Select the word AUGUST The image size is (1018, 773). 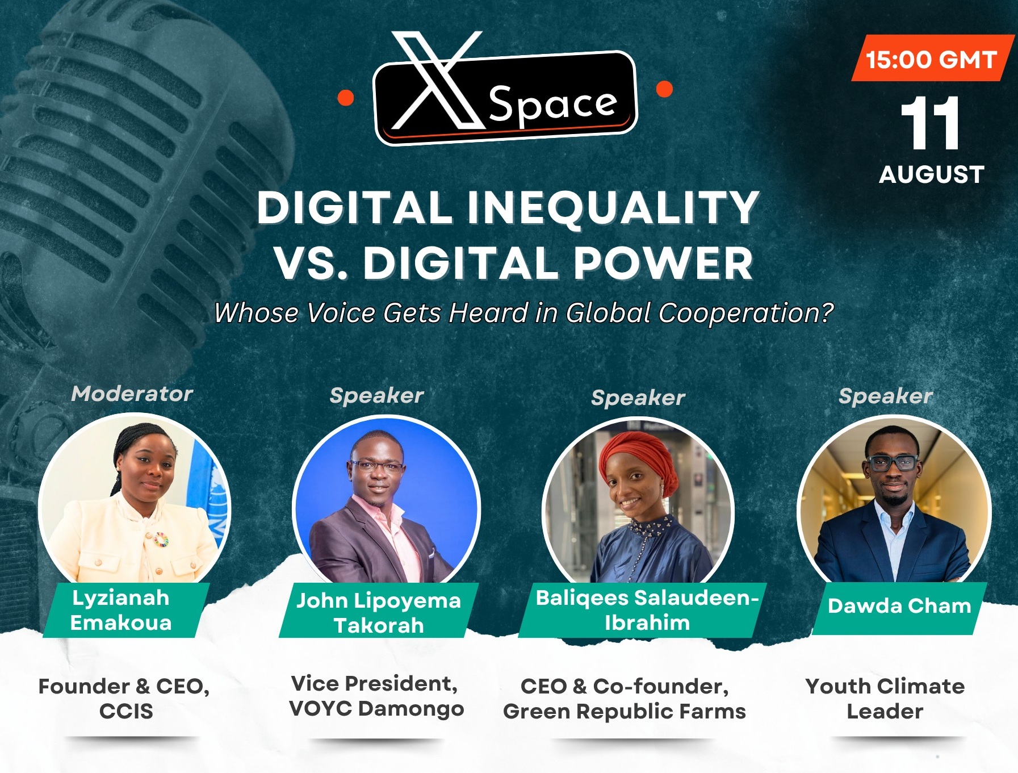[932, 174]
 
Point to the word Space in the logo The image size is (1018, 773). [552, 105]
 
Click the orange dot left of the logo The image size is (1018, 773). [345, 98]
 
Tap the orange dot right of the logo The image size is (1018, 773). [664, 89]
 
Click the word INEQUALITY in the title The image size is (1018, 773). [613, 207]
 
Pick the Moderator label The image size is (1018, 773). [132, 394]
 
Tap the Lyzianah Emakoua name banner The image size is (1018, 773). [126, 611]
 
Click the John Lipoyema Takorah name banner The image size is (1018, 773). [379, 612]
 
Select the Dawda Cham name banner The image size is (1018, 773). [899, 607]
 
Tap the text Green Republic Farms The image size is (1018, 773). [624, 711]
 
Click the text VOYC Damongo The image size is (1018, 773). [376, 708]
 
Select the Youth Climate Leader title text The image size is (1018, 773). [885, 699]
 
